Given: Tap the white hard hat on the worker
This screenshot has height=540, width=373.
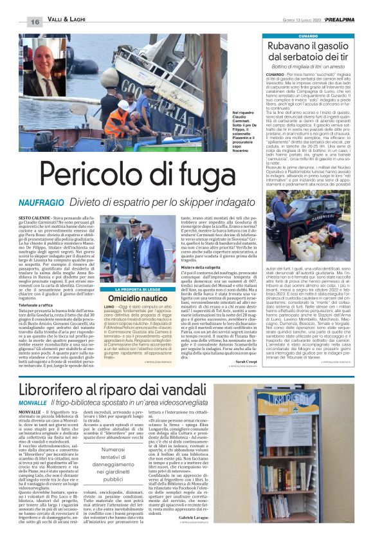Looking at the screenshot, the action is click(123, 104).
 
